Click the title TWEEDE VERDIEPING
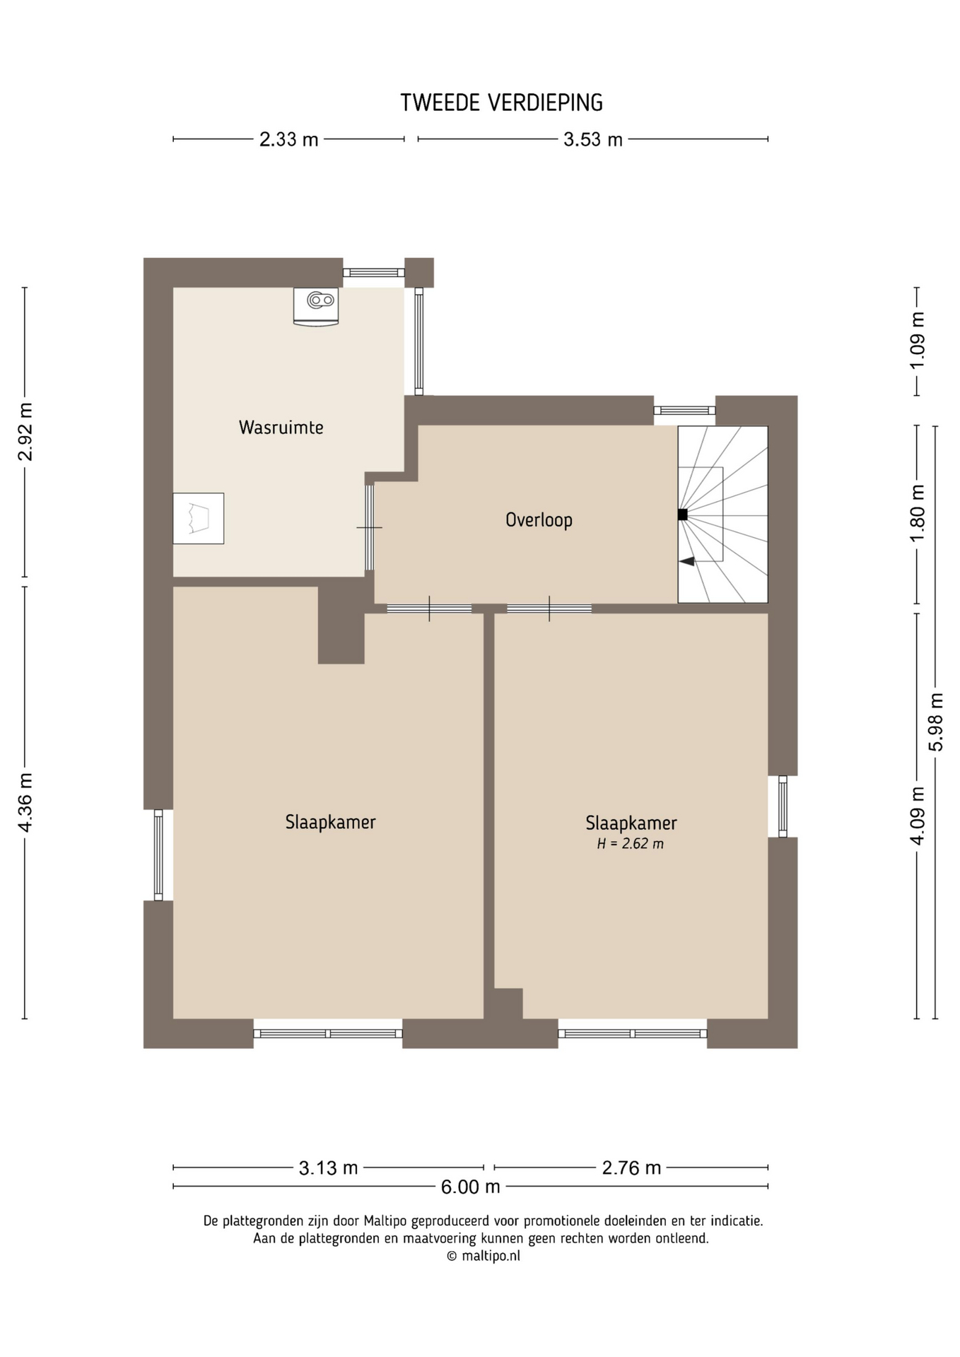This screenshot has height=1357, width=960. [x=501, y=103]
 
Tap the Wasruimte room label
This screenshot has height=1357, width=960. [x=281, y=428]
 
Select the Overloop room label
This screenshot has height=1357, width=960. [x=539, y=520]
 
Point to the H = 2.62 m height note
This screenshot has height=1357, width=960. [x=631, y=844]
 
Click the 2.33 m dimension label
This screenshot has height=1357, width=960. [x=288, y=140]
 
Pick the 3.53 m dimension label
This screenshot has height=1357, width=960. [x=592, y=140]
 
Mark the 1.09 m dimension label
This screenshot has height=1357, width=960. [x=917, y=341]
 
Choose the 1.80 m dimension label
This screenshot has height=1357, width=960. [x=917, y=514]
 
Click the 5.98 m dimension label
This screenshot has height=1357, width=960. [x=936, y=722]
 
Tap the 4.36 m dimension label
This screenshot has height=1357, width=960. [x=25, y=802]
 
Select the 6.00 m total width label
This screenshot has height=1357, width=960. [x=470, y=1187]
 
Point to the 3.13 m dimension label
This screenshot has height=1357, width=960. [x=328, y=1168]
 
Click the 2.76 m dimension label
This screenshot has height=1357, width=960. [x=631, y=1168]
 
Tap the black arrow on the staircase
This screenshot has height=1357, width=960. [x=686, y=561]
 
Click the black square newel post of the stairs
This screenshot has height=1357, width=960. [x=682, y=515]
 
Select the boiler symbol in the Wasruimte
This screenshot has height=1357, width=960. [x=316, y=307]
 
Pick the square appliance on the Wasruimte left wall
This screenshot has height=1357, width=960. [x=199, y=519]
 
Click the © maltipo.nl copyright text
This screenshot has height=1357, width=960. [x=484, y=1256]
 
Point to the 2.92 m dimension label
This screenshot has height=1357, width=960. [x=25, y=432]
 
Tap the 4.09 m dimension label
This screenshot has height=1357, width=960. [x=917, y=816]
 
